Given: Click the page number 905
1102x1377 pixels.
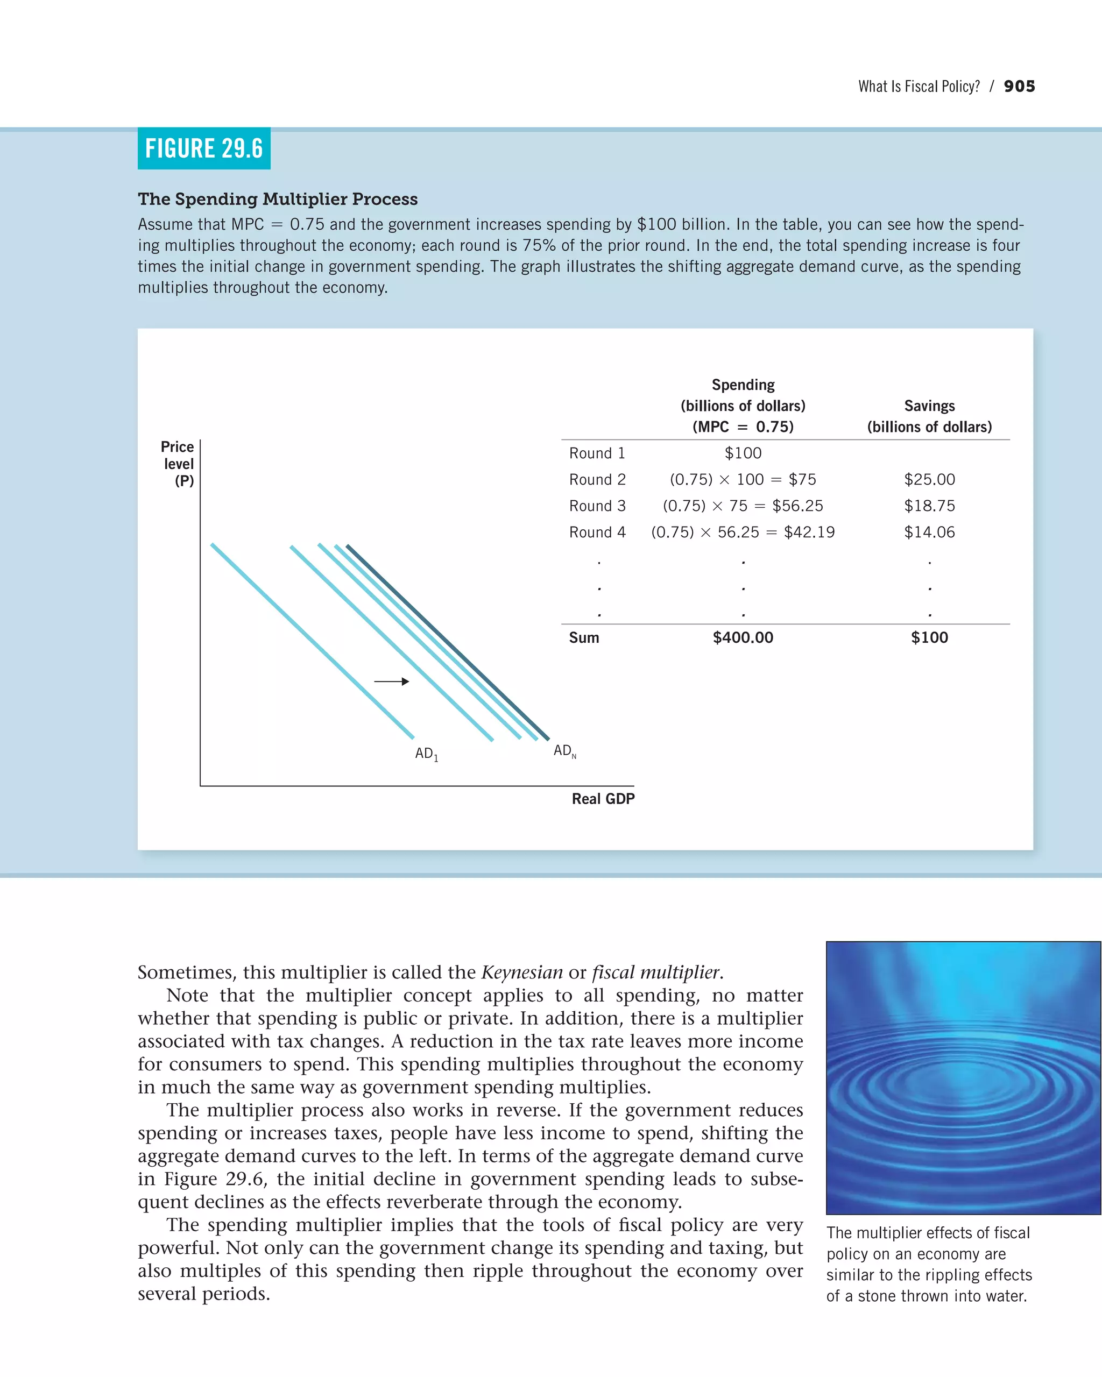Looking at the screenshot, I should [1019, 86].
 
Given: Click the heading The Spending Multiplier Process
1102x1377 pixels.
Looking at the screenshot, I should [277, 198].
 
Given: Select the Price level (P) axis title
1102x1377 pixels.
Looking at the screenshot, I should [178, 464].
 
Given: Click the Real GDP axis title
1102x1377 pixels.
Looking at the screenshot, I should [603, 799].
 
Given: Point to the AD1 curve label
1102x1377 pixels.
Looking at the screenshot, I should [426, 754].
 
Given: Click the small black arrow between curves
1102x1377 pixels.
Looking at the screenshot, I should [392, 682].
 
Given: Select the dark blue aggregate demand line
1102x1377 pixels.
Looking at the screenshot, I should [447, 642].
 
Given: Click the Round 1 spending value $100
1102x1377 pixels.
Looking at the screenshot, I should [743, 453].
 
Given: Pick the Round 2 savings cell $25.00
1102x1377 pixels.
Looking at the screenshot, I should [929, 479].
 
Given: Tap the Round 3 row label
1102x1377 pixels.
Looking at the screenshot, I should [597, 506].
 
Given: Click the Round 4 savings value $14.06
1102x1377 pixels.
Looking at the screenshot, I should [929, 532].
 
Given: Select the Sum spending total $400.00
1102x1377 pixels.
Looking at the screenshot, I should [743, 637].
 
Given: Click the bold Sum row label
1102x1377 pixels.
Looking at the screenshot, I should [584, 637].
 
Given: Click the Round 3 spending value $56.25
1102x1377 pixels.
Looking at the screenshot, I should [797, 506].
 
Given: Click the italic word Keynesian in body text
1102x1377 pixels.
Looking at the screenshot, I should [521, 972].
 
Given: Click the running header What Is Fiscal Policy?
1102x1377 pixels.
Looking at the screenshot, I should [918, 86].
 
